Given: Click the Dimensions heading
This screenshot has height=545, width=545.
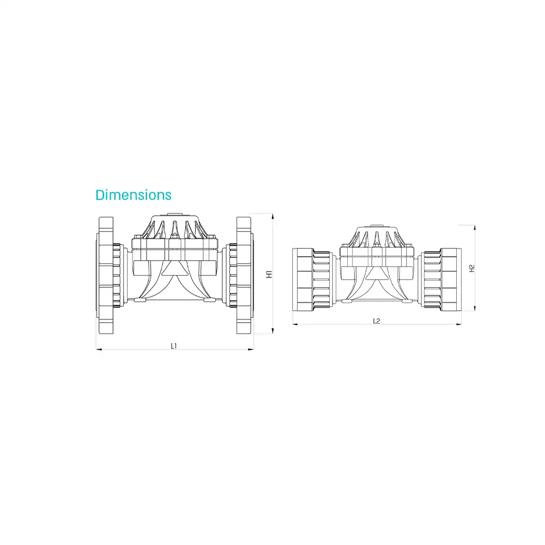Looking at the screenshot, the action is coord(134,195).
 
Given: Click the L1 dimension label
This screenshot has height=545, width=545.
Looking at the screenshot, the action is coord(174,346).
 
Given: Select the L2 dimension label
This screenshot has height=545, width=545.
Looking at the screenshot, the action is coord(377,321).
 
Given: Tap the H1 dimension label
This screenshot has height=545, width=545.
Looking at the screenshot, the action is coord(269,274).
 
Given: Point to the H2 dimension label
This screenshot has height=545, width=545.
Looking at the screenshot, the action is coord(471,268).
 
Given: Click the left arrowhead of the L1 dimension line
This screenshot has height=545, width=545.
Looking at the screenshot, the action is coord(99,349).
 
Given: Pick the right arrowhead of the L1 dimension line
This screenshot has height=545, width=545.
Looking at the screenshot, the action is coord(251,349).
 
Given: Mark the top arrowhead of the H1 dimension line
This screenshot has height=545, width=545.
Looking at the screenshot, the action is coord(272,216).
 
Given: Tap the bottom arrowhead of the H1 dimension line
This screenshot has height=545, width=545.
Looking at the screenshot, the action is coord(272,331).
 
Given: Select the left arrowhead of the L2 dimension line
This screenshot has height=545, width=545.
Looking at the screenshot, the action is coord(295,324).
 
